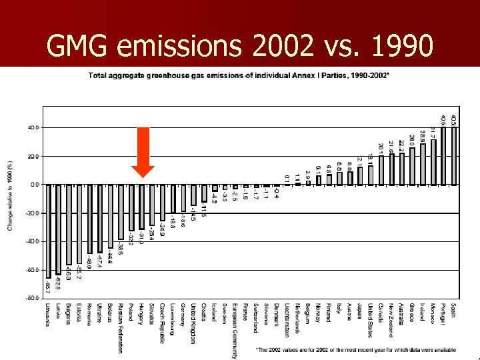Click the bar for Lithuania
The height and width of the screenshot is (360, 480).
[x=48, y=231]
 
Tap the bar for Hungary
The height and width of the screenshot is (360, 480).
[x=141, y=207]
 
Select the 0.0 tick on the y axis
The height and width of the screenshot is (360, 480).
[x=33, y=184]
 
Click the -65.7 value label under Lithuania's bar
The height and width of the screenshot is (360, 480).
[x=49, y=287]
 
